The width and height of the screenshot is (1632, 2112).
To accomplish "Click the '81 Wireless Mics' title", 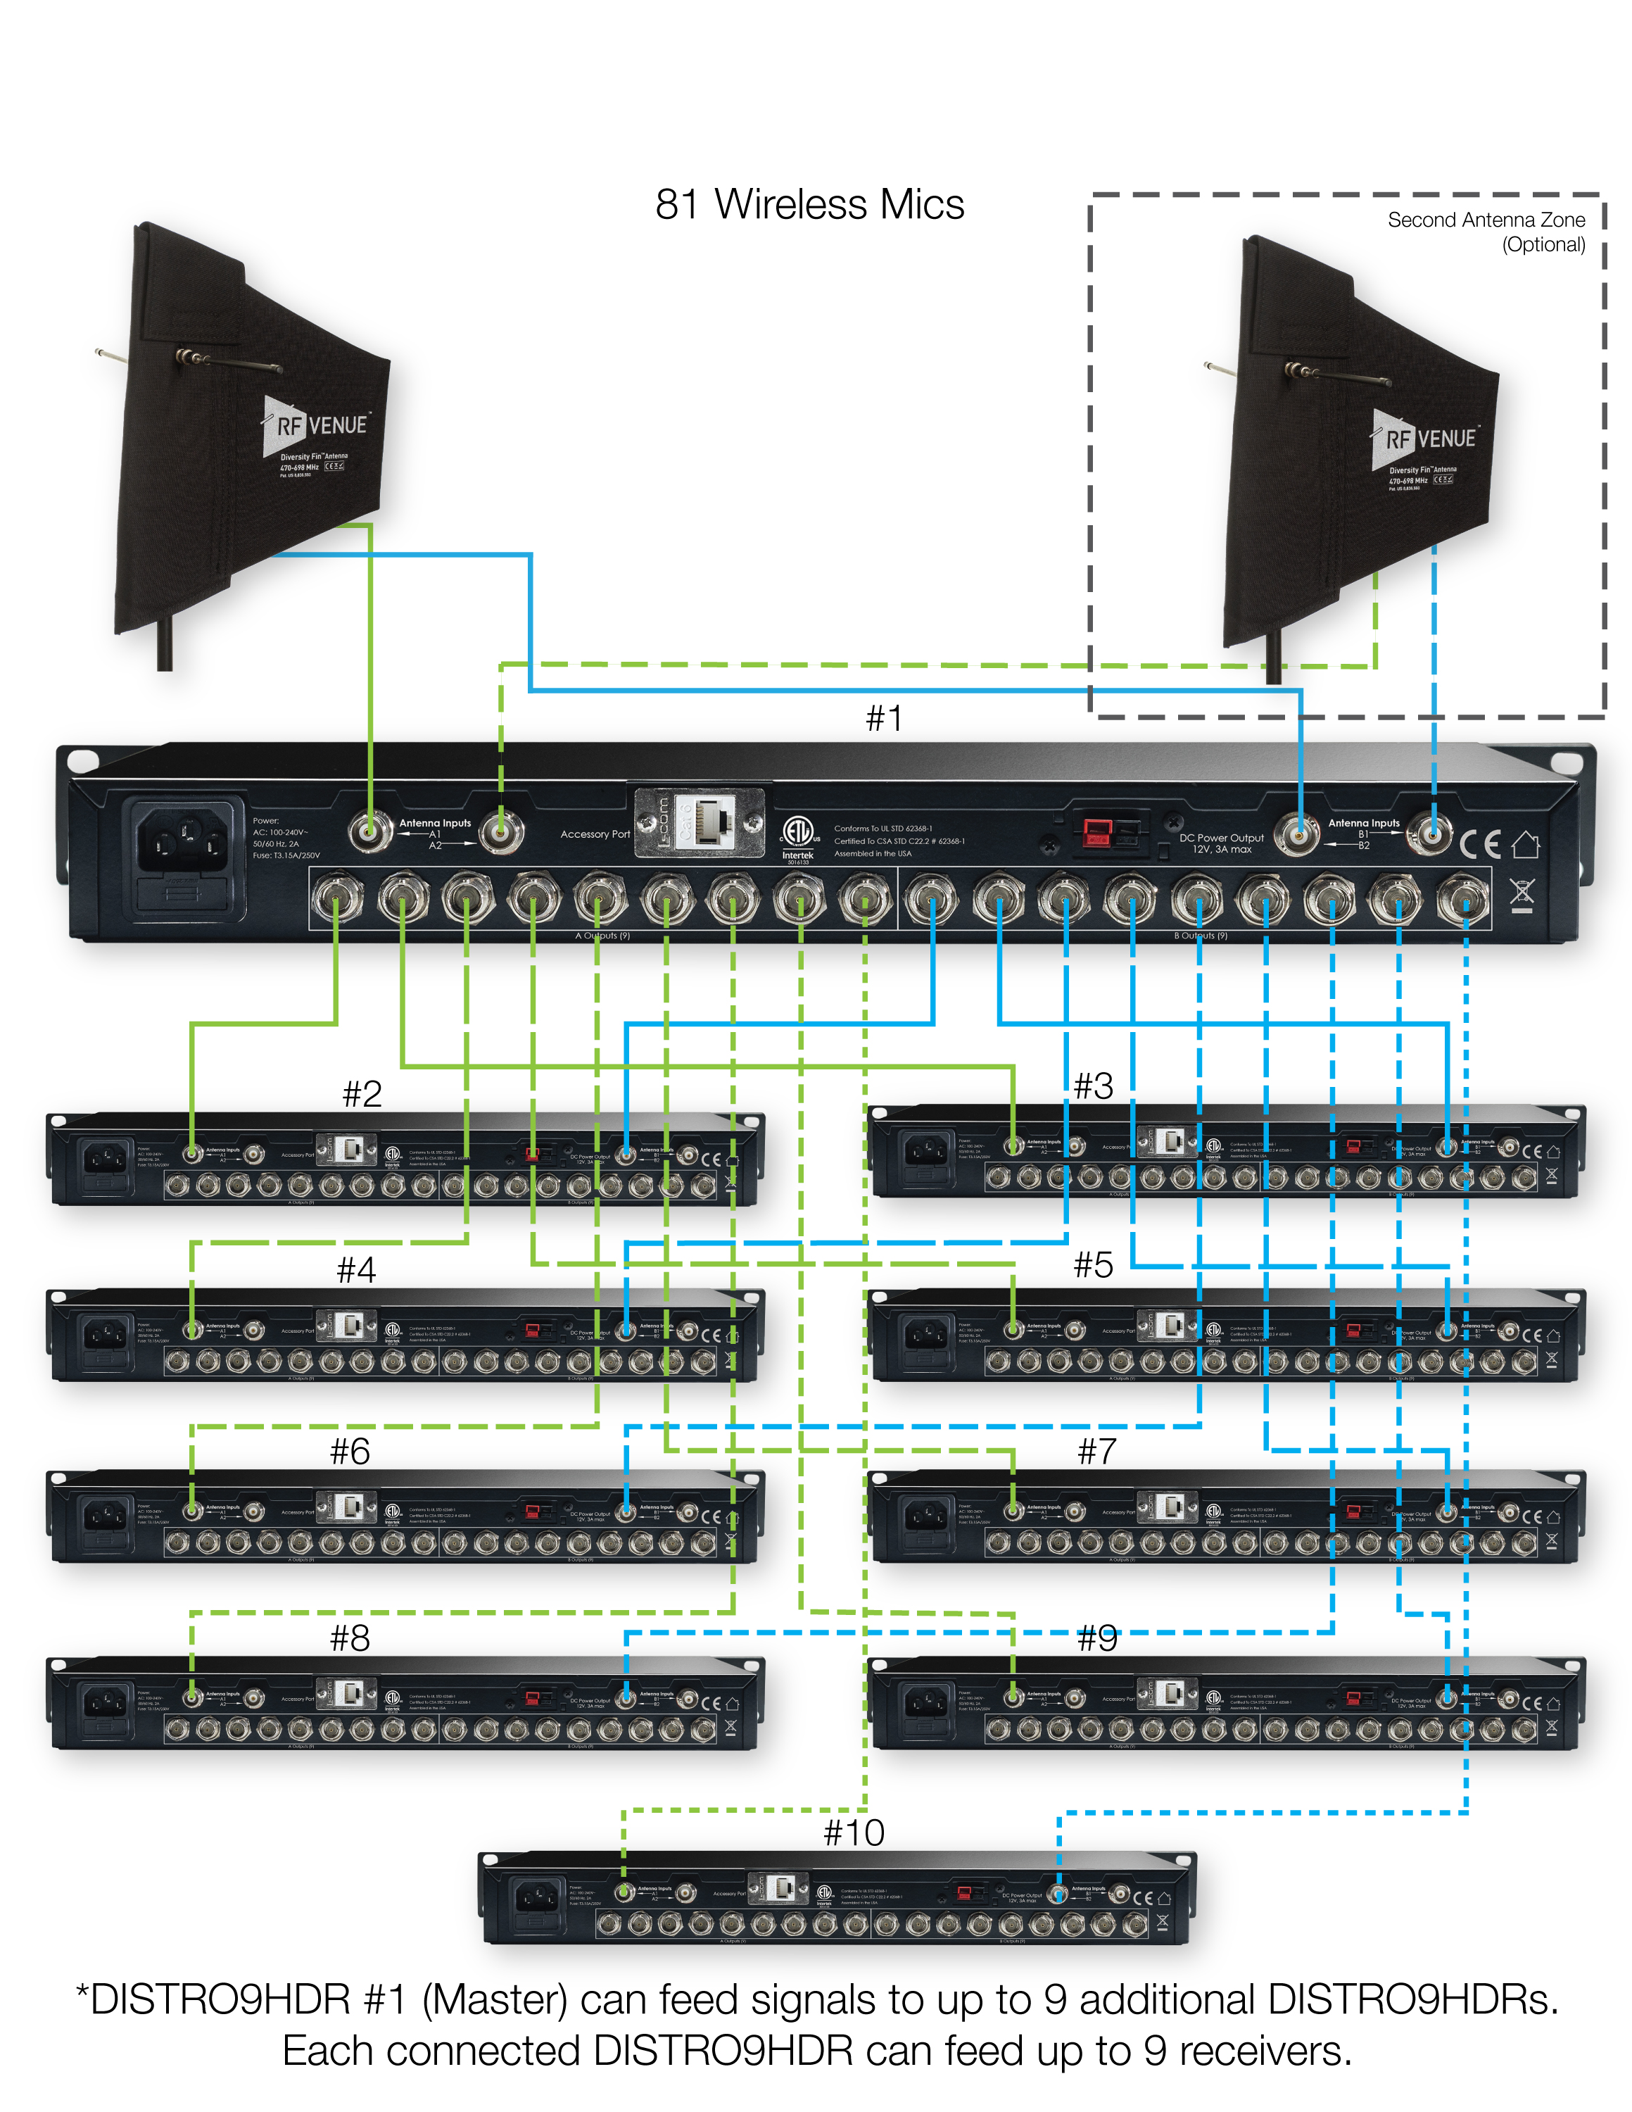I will coord(809,205).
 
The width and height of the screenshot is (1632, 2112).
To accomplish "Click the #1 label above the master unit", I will coord(884,719).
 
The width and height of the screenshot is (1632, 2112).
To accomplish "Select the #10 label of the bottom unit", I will coord(854,1832).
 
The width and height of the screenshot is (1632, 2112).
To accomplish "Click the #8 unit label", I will coord(350,1638).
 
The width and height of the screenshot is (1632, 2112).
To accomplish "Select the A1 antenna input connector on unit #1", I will coord(369,831).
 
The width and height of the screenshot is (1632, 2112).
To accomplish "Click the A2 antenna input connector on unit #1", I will coord(501,831).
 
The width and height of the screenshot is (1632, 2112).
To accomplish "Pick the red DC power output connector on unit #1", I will coord(1097,831).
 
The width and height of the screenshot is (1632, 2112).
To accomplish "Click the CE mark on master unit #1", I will coord(1479,844).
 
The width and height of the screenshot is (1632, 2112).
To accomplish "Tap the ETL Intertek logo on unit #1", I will coord(797,836).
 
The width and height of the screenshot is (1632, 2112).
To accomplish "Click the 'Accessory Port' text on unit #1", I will coord(595,834).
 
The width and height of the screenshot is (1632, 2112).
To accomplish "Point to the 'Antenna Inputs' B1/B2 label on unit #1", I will coord(1363,823).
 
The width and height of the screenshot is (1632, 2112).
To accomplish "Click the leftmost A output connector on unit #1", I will coord(336,898).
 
